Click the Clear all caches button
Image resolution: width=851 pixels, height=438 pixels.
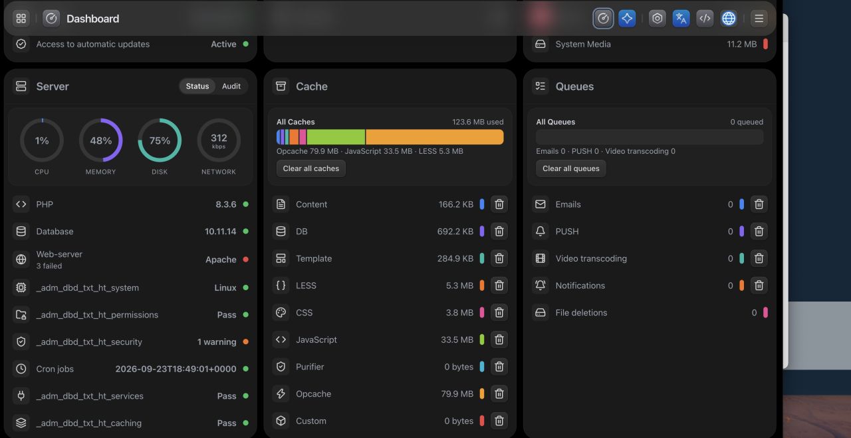coord(310,168)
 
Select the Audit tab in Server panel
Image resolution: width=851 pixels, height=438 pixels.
coord(231,87)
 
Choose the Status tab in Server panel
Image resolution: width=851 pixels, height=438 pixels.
coord(197,87)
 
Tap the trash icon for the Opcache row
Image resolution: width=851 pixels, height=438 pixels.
coord(499,393)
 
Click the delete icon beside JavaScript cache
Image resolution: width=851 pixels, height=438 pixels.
coord(499,339)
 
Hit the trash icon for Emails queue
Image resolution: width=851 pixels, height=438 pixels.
coord(759,204)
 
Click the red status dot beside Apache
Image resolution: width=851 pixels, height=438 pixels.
coord(246,260)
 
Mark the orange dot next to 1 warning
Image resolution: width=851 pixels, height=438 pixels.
coord(246,341)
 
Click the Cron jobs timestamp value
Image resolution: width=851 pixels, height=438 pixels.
coord(176,369)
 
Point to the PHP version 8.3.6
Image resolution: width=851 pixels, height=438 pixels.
coord(226,204)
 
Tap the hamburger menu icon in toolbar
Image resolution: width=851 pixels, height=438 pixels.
coord(759,18)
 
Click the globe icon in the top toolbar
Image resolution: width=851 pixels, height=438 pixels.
coord(728,18)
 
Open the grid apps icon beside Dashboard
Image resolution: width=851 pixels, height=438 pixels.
coord(21,18)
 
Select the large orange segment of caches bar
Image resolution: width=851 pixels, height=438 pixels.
coord(435,137)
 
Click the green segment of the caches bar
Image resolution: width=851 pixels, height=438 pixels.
coord(336,137)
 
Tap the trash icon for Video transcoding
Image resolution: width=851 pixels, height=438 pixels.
coord(759,258)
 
